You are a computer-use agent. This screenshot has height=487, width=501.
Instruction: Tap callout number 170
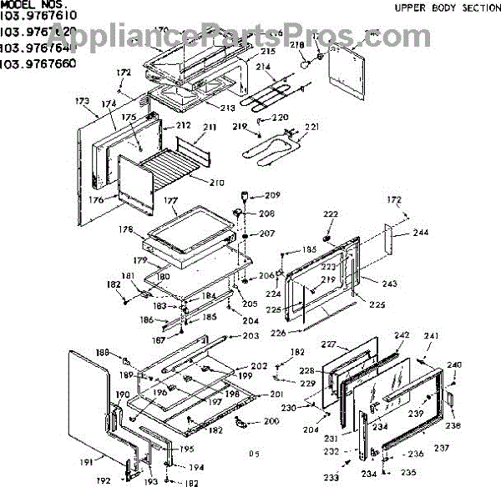pos(161,31)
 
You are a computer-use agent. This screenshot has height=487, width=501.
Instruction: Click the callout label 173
pos(82,101)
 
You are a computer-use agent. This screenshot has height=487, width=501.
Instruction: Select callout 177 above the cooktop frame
pos(170,201)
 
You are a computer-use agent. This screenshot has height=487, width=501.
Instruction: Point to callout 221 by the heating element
pos(312,128)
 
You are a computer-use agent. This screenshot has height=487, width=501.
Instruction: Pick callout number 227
pos(329,344)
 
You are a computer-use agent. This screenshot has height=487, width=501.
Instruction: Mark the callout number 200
pos(271,421)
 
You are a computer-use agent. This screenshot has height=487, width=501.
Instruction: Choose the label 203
pos(251,336)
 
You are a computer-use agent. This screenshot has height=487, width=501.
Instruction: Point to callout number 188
pos(102,352)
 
